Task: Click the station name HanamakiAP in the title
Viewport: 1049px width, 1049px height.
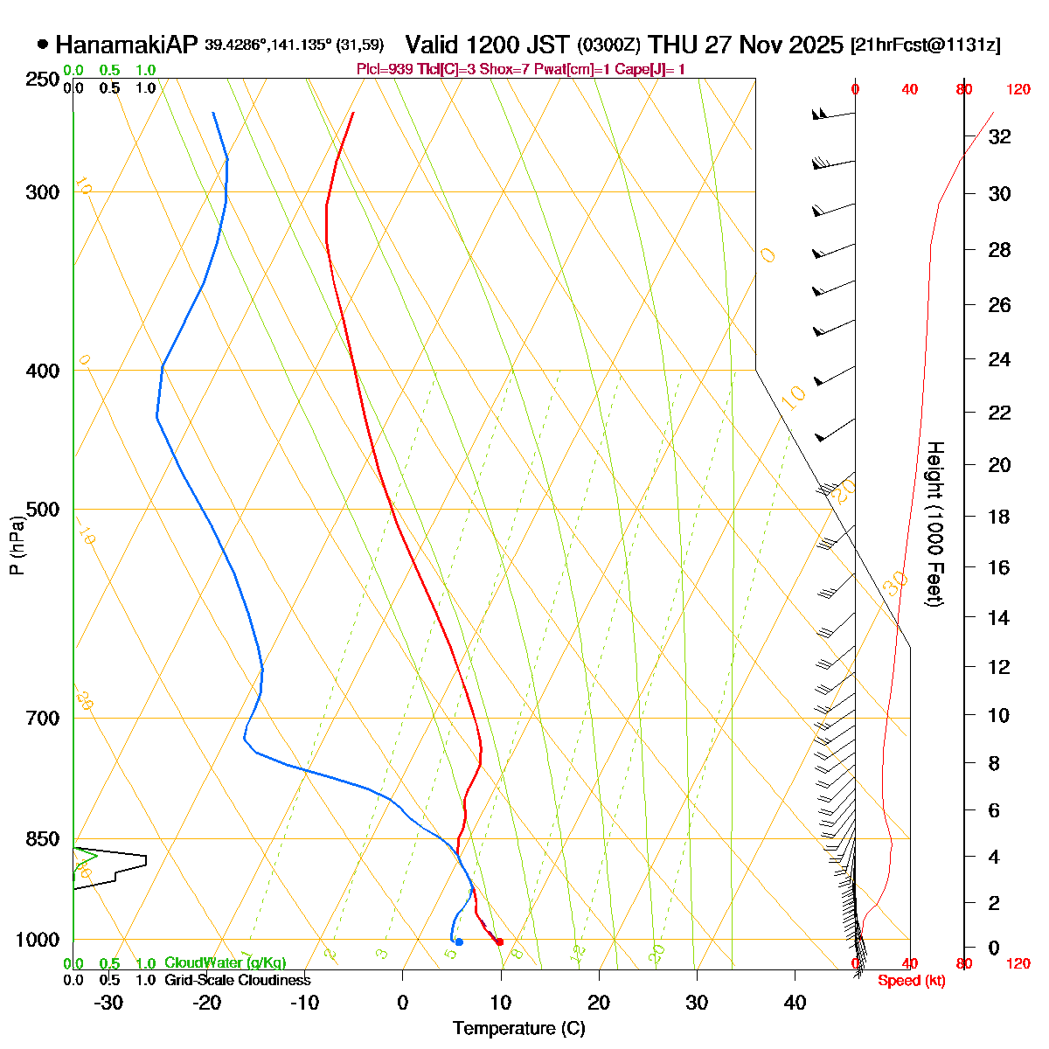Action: point(128,45)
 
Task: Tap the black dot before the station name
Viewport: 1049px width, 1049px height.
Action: point(43,45)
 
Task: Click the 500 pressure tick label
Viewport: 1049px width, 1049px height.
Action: point(43,509)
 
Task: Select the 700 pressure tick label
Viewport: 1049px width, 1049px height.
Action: point(43,718)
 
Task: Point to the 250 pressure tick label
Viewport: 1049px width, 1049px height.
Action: point(43,80)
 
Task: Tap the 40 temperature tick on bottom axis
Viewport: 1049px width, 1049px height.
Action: point(795,1003)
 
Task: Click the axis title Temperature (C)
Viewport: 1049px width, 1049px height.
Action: point(519,1028)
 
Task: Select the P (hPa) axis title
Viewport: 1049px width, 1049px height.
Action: point(17,544)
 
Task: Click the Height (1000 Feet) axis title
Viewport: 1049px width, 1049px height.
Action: point(934,524)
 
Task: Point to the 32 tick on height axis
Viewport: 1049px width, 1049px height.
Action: point(999,137)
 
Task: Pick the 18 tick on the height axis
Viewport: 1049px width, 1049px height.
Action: point(999,517)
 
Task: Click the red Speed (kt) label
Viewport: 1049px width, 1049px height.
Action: point(912,981)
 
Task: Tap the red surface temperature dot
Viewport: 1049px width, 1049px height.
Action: point(499,941)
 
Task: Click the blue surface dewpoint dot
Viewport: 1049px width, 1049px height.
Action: point(459,941)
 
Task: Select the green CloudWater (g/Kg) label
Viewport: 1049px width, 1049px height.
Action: point(225,962)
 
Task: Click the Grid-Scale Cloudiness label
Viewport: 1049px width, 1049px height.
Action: point(237,980)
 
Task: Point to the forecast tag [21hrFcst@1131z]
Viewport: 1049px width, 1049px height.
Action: point(926,45)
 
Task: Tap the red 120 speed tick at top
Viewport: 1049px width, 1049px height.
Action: point(1018,89)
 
